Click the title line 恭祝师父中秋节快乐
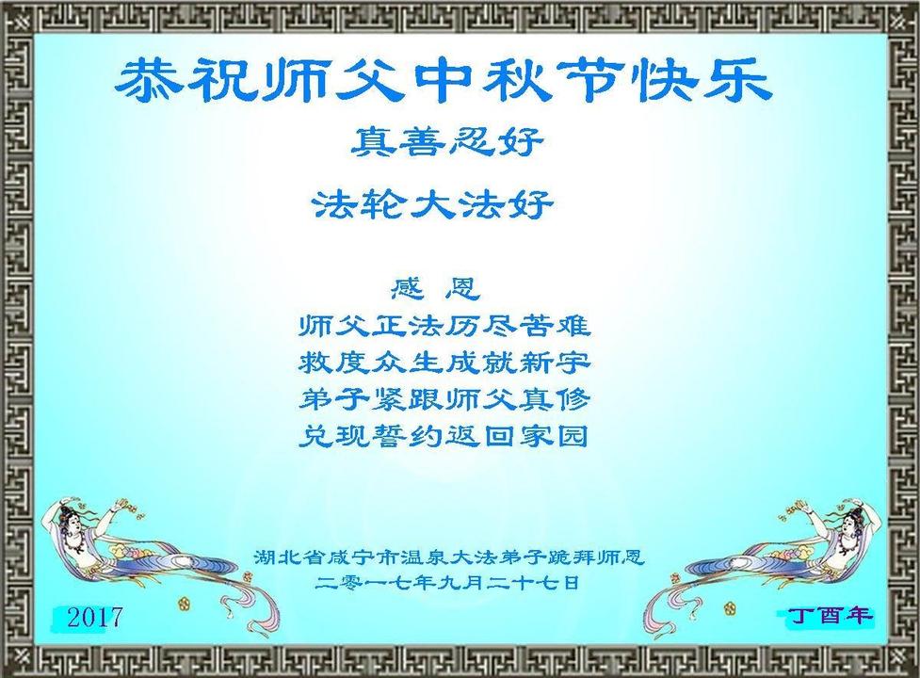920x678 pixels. point(442,82)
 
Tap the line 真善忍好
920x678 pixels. point(447,141)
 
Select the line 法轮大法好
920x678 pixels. point(433,204)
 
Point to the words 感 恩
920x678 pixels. point(435,288)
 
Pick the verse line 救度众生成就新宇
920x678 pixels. point(444,363)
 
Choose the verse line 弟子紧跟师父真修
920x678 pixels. point(444,399)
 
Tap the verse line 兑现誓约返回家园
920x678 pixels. point(444,436)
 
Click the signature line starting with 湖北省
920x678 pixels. point(449,557)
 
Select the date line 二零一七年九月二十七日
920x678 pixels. point(447,582)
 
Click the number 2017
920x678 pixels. point(94,617)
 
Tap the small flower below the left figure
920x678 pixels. point(183,603)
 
